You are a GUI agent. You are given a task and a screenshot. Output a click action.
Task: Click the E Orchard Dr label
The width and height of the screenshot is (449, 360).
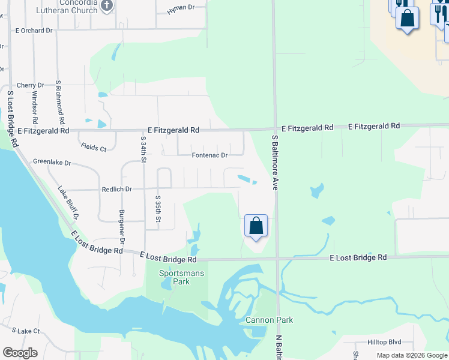(34, 30)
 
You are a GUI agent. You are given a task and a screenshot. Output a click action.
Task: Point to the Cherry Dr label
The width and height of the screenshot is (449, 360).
(31, 86)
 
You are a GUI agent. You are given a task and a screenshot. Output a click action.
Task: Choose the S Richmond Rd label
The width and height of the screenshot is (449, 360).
(59, 98)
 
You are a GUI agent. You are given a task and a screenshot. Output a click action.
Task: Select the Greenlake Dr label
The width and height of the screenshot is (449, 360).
(52, 162)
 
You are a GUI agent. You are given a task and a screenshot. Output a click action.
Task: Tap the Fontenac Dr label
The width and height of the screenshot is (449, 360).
(209, 155)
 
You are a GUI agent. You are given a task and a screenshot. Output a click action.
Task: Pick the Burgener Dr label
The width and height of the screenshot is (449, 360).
(122, 227)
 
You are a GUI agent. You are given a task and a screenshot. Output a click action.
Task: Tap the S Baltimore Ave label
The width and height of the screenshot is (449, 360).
(276, 162)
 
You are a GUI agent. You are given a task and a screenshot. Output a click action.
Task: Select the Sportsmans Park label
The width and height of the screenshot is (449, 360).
(182, 277)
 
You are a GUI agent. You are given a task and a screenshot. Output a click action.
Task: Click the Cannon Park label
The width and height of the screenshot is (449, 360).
(269, 320)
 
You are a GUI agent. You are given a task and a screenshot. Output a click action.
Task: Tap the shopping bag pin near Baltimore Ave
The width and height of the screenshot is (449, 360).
(256, 226)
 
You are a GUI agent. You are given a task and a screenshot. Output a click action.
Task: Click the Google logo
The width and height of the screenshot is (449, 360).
(20, 353)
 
